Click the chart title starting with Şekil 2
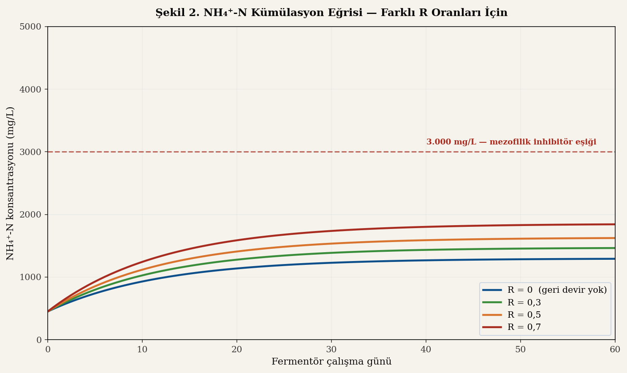[331, 13]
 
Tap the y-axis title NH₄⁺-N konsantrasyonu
[11, 183]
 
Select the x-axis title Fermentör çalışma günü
[331, 362]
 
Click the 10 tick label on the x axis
[142, 349]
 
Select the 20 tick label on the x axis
[237, 349]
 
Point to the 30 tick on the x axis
[331, 349]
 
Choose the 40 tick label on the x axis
[426, 349]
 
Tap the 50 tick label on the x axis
[521, 349]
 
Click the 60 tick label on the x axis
[615, 349]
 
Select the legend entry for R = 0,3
[524, 302]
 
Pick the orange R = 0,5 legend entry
[524, 315]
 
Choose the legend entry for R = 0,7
[524, 327]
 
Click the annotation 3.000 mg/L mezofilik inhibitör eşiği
[511, 142]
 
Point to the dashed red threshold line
[253, 152]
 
